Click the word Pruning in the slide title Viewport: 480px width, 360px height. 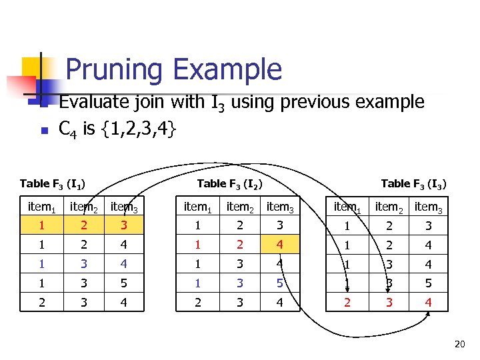point(114,70)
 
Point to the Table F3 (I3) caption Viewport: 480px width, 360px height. point(413,184)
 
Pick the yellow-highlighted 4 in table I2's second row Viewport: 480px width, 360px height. point(280,244)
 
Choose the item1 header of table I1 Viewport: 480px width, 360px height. point(41,207)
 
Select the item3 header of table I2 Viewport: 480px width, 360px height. point(281,207)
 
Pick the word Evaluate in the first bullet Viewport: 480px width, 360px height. point(95,102)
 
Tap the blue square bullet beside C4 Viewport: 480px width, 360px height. point(41,130)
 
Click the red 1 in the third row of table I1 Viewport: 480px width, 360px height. point(41,263)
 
